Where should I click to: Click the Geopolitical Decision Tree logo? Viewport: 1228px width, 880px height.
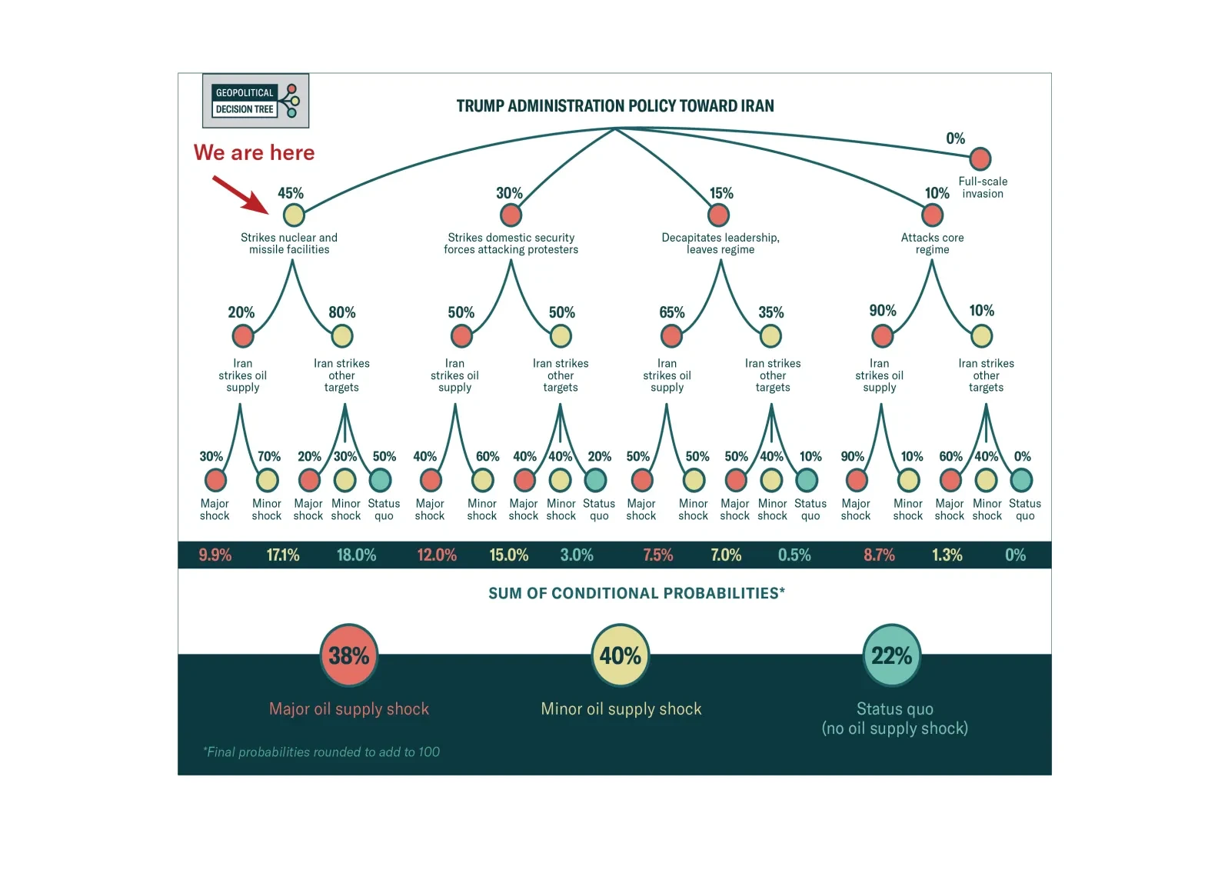tap(255, 101)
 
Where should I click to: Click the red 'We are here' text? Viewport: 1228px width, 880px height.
tap(254, 152)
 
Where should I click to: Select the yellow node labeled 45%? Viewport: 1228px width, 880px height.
tap(294, 215)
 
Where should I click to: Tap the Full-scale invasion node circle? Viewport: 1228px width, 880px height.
tap(980, 159)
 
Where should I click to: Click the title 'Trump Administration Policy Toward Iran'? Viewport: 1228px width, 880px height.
tap(615, 106)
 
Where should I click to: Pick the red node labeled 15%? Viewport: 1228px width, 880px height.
tap(718, 215)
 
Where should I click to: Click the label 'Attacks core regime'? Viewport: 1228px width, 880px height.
tap(932, 243)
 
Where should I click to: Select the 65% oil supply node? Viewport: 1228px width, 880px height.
tap(671, 336)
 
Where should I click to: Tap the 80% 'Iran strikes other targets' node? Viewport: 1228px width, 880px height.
tap(342, 336)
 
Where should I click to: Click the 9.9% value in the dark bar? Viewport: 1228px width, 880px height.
tap(215, 555)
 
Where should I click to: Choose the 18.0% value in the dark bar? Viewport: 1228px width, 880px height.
tap(357, 555)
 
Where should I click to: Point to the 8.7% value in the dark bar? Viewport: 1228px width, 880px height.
tap(879, 555)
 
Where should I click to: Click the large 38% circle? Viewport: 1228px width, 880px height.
tap(349, 655)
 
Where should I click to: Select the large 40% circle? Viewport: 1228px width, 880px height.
tap(621, 655)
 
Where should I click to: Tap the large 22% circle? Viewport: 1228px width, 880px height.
tap(892, 655)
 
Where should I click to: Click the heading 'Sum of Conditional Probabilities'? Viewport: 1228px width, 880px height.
tap(637, 593)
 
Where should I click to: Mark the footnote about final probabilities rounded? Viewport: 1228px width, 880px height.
tap(321, 752)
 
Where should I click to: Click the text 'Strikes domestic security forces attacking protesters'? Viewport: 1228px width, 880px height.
tap(511, 243)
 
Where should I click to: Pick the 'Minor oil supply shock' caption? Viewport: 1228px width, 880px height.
tap(621, 708)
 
